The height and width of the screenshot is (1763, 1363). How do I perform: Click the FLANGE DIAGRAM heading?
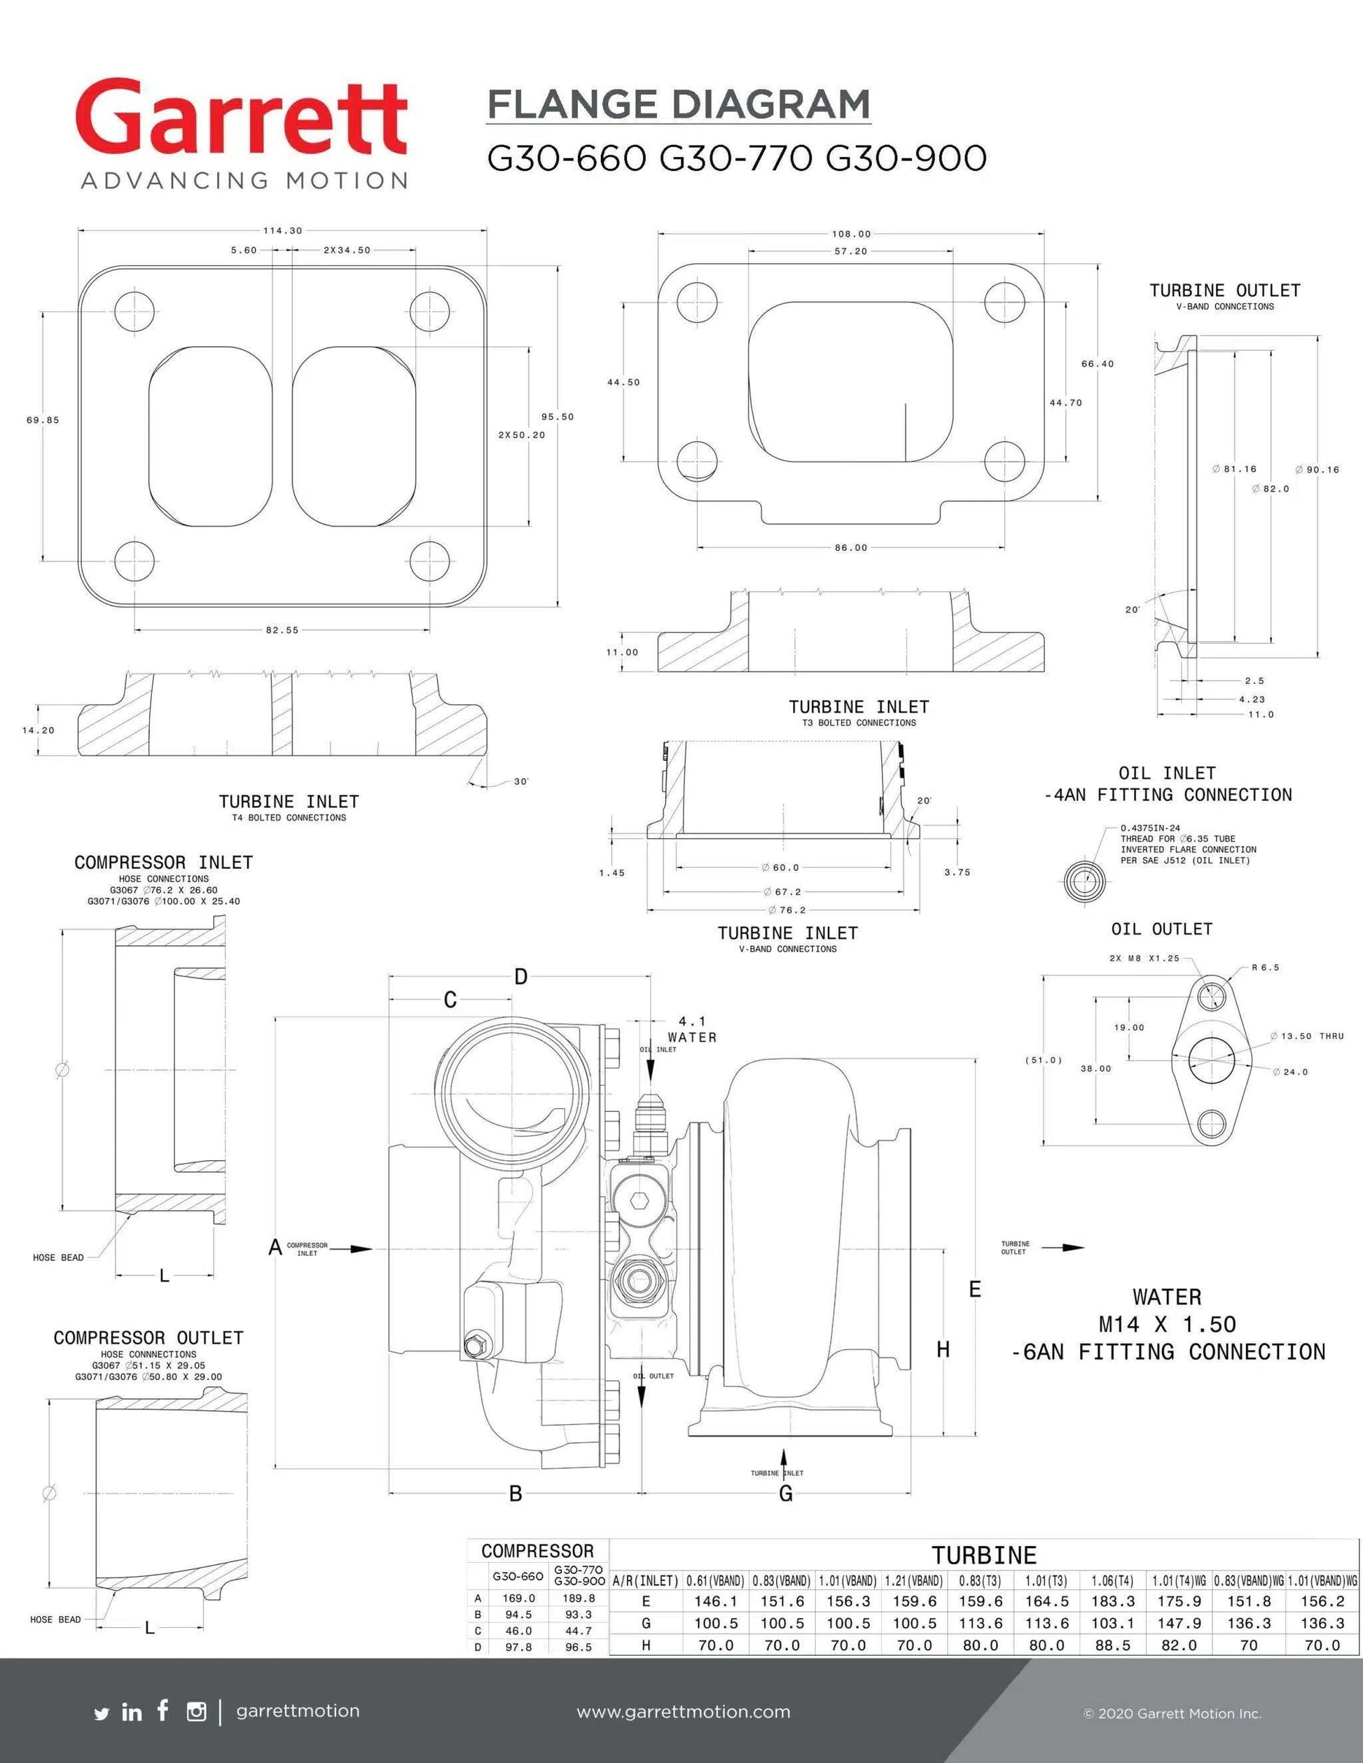point(678,105)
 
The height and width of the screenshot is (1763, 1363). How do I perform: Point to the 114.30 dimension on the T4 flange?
point(282,231)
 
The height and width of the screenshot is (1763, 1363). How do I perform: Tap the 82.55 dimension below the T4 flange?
point(282,630)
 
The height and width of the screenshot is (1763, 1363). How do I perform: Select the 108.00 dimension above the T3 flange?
point(851,234)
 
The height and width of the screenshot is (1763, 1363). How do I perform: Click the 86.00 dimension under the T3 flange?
point(851,548)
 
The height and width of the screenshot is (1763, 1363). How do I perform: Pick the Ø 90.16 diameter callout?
point(1317,470)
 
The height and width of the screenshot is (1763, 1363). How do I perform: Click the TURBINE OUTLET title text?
point(1224,291)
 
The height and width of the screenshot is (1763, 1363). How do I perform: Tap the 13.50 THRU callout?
point(1307,1036)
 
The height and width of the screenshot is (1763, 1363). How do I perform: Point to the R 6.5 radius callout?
point(1266,968)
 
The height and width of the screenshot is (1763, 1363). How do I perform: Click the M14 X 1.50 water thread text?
point(1167,1325)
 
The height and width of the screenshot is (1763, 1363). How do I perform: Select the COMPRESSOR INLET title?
point(163,863)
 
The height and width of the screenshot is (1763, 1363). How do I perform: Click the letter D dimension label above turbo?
point(521,977)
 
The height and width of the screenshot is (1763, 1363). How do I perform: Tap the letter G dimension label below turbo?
point(786,1494)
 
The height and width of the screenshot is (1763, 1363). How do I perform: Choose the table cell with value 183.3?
point(1113,1601)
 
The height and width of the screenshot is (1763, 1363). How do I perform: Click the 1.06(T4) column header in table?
point(1113,1580)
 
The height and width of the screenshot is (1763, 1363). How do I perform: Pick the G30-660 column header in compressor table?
point(518,1576)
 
